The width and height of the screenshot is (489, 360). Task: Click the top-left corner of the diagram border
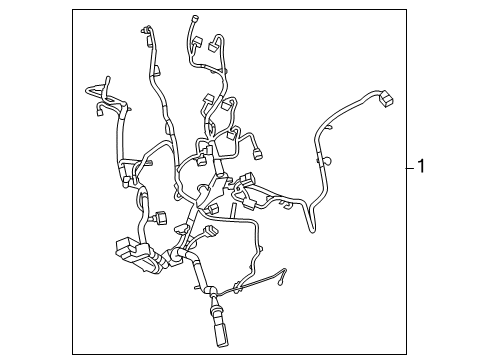coord(73,10)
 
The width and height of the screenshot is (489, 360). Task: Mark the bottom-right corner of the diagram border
coord(407,353)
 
